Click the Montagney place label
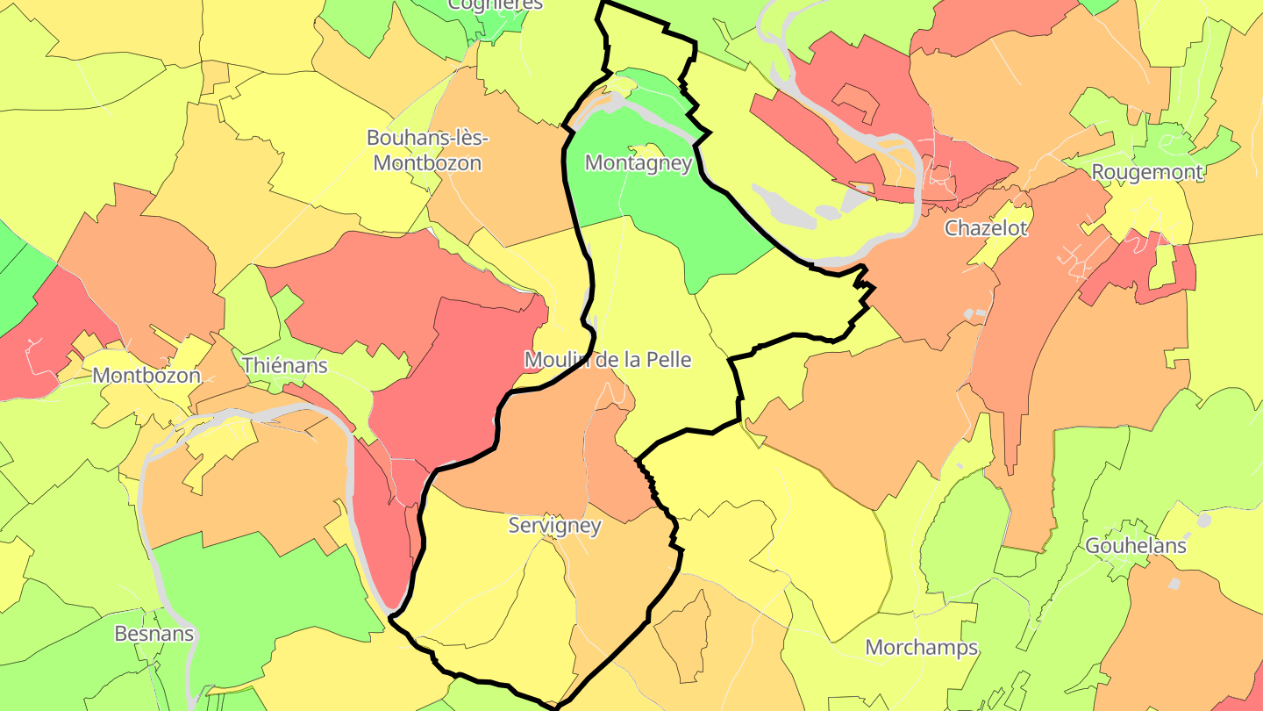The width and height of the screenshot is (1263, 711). coord(639,163)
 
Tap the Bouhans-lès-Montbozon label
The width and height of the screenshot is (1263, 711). coord(427,150)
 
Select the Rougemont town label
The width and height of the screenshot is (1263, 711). coord(1146,172)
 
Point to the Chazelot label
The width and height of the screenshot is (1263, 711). coord(985,228)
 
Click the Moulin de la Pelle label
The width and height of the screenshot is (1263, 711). coord(608,360)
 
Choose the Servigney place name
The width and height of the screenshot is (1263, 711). coord(554,526)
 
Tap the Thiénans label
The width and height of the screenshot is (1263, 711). coord(284,365)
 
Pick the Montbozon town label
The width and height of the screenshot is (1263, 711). coord(146,376)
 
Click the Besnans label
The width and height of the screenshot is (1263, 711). coord(153,634)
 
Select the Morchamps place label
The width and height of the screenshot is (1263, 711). coord(921,648)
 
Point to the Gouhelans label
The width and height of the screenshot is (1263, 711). coord(1136,546)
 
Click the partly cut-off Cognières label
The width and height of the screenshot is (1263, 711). coord(495,4)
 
